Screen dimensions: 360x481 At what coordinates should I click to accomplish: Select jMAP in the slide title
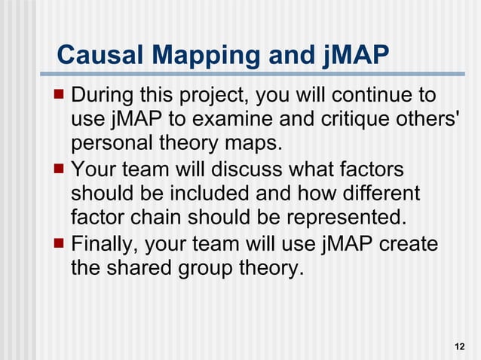pos(351,54)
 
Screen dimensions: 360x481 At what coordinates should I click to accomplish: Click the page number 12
pos(460,346)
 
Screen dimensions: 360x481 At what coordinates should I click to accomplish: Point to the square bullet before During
pos(61,96)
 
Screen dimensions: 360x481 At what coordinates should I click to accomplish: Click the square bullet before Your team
pos(61,168)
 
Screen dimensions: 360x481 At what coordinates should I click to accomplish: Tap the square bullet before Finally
pos(61,242)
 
